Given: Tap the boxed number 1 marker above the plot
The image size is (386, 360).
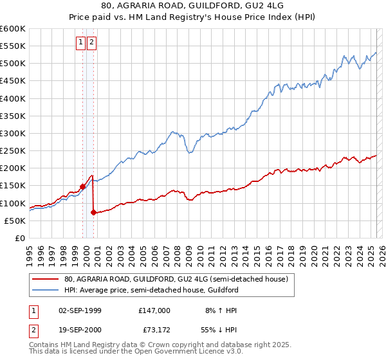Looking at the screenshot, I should [81, 43].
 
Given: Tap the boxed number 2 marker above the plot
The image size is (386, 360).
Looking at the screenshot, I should [92, 43].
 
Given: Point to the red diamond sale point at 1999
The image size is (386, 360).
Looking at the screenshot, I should [82, 187].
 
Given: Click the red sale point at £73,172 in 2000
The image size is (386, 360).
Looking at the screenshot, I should [94, 212].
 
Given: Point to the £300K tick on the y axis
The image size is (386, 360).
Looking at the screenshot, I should [13, 133].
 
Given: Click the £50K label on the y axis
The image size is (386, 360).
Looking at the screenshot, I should [15, 221].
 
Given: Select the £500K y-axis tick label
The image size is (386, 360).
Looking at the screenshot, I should [13, 64].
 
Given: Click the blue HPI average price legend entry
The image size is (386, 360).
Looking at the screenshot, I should [151, 290].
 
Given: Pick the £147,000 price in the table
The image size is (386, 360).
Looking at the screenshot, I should [154, 310].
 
